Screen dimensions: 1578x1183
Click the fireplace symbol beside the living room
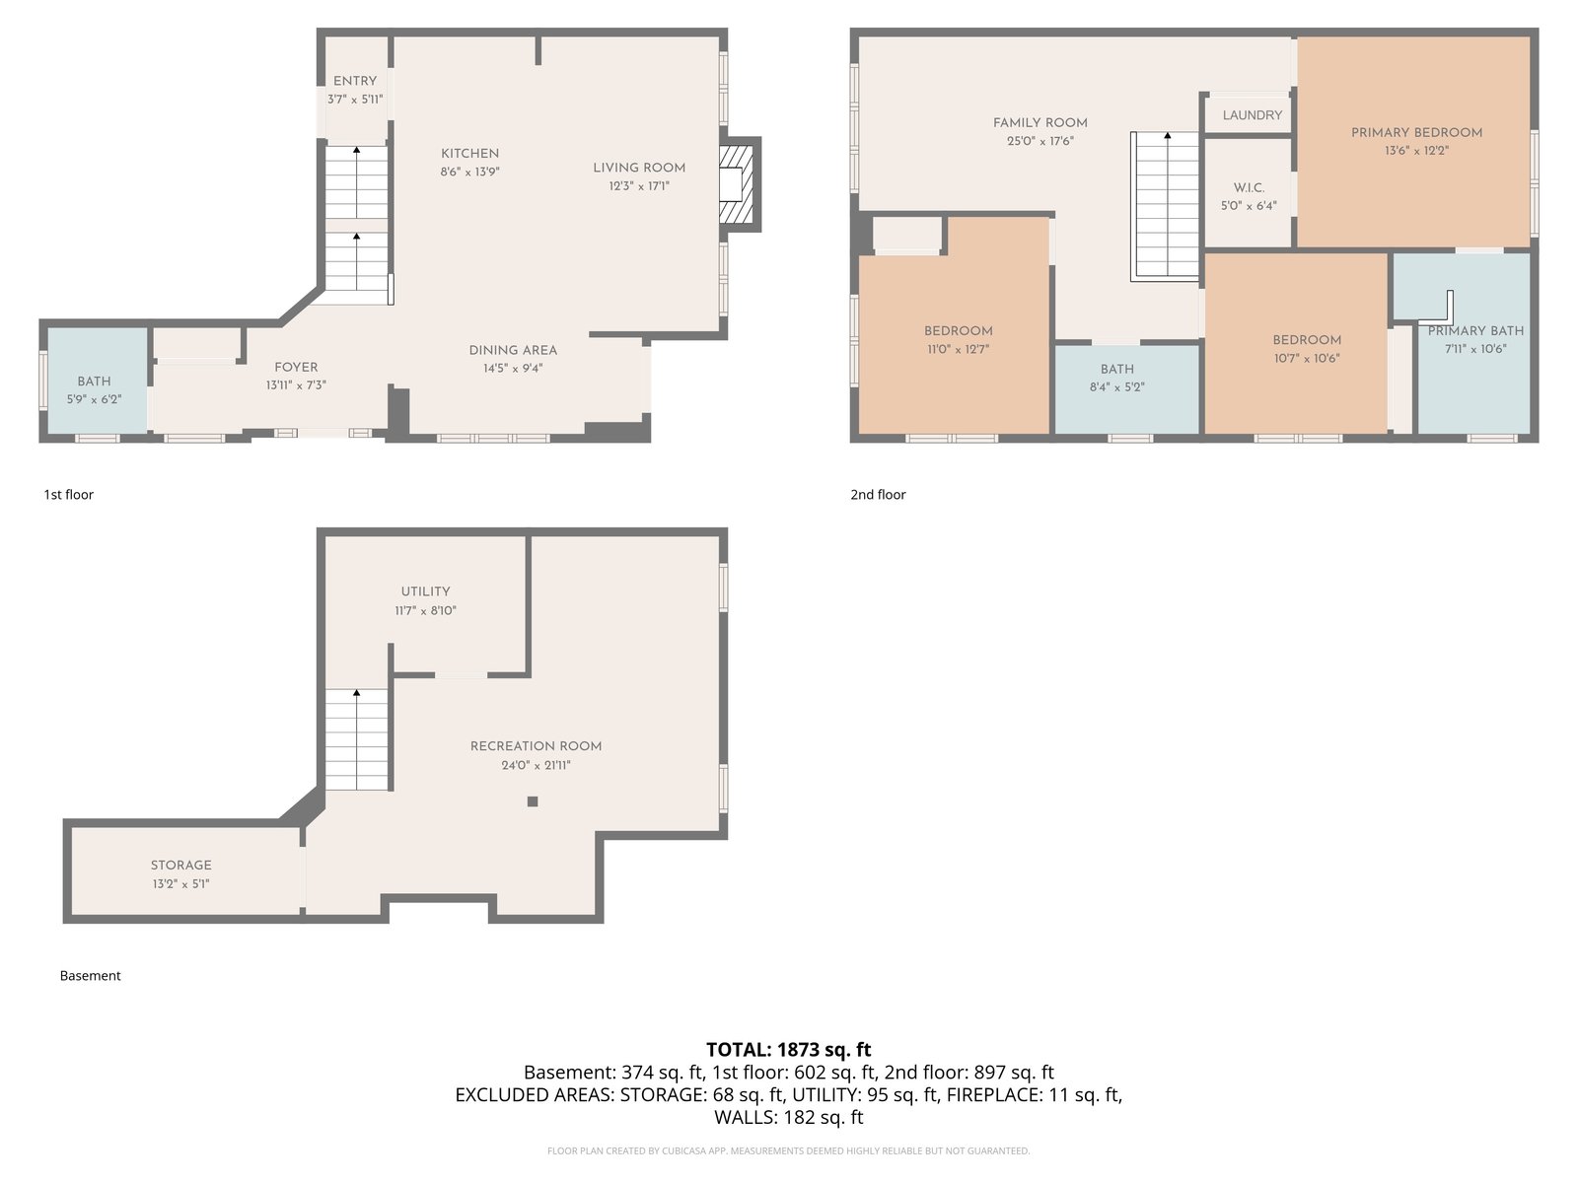tap(736, 184)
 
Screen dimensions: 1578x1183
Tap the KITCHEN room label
tap(469, 154)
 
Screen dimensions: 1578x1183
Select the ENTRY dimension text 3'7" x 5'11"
tap(355, 100)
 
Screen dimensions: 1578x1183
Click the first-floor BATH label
tap(94, 382)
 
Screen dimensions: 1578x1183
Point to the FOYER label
tap(296, 367)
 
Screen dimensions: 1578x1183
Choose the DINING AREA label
tap(513, 351)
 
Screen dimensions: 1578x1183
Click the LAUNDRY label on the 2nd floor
tap(1253, 115)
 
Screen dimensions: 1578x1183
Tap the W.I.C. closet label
tap(1249, 187)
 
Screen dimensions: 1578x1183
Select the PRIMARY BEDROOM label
tap(1416, 133)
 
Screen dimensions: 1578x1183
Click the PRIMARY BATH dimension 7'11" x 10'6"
tap(1475, 349)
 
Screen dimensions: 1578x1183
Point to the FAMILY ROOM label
tap(1040, 123)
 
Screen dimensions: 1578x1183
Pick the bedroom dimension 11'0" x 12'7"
tap(959, 350)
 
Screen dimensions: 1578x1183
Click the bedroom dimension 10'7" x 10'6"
tap(1307, 359)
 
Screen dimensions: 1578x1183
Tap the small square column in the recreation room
tap(532, 801)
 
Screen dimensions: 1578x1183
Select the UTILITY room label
tap(426, 591)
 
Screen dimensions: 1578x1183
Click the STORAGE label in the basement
tap(181, 866)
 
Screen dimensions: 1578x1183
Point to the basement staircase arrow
tap(357, 739)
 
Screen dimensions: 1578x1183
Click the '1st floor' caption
tap(68, 494)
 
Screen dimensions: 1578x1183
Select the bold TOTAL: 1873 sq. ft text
tap(789, 1049)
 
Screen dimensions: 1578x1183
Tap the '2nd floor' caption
tap(878, 494)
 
